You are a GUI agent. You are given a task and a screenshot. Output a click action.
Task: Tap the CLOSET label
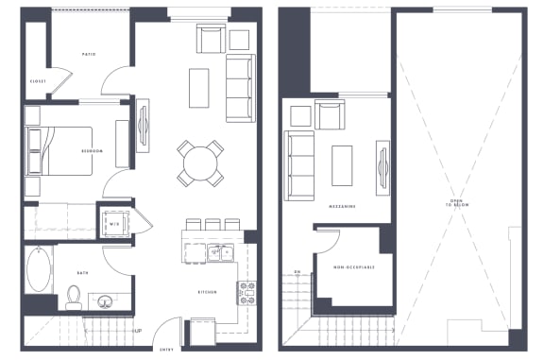click(x=38, y=82)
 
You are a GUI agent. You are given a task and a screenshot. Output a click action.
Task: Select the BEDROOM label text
click(x=92, y=150)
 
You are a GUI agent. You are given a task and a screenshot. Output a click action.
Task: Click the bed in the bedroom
click(x=61, y=151)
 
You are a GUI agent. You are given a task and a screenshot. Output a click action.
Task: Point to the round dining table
click(x=200, y=163)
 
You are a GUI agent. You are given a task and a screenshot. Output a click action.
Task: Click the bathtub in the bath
click(x=41, y=270)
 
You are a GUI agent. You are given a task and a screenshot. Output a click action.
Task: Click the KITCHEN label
click(x=209, y=293)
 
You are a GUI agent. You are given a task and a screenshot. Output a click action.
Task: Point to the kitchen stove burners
click(x=247, y=293)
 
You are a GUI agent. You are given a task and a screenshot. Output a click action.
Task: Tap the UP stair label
click(x=138, y=331)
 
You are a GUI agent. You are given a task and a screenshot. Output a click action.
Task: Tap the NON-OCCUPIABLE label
click(x=354, y=267)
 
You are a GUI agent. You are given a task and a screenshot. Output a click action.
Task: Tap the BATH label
click(x=83, y=274)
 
